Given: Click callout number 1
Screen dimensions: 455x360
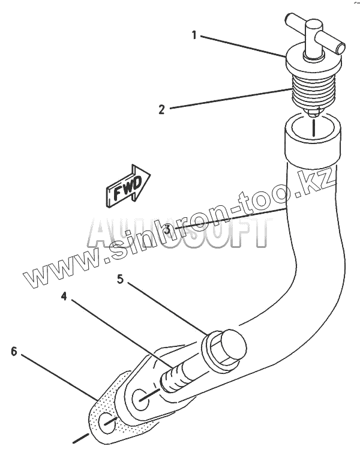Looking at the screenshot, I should click(194, 35).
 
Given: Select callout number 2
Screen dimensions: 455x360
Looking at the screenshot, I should click(161, 109).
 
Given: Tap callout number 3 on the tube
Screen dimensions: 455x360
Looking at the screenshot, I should click(169, 229).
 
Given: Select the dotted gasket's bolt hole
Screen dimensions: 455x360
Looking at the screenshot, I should click(107, 423).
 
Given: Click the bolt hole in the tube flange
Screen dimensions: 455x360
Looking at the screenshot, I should click(142, 397).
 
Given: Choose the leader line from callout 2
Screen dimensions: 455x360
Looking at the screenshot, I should click(228, 99).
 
